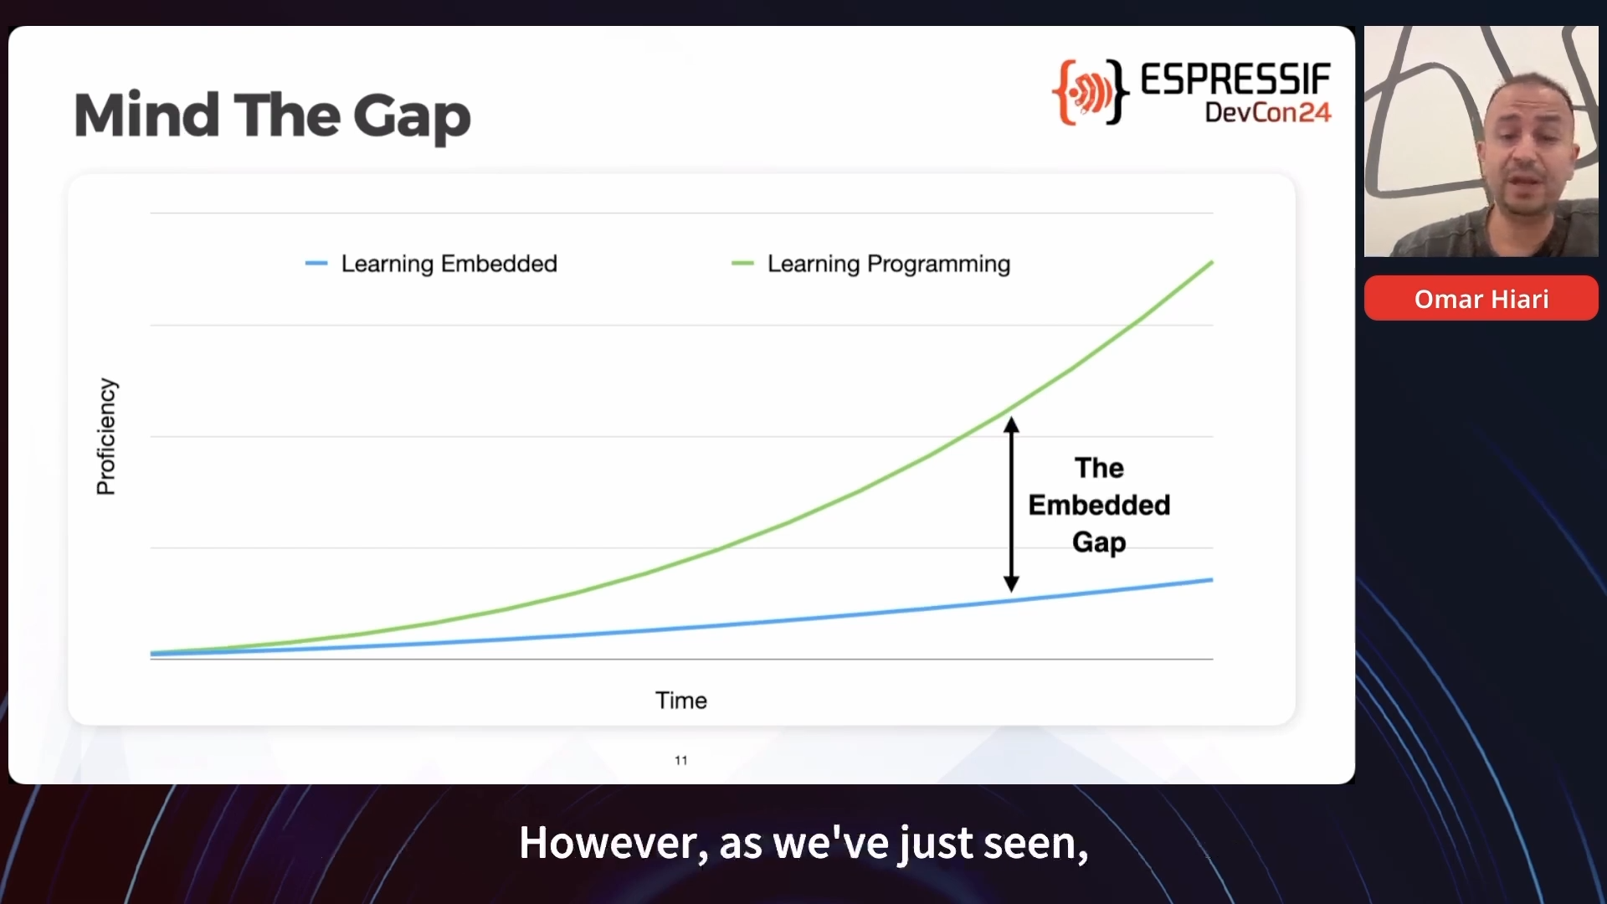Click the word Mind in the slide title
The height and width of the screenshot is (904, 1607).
[147, 115]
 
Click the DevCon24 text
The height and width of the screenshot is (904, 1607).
[1268, 112]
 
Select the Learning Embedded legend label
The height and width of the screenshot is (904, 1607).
[449, 264]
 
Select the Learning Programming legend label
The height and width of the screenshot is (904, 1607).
[889, 265]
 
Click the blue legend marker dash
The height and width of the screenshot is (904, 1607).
[316, 264]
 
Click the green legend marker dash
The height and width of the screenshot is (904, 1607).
[742, 264]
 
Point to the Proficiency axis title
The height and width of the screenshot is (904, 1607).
[106, 436]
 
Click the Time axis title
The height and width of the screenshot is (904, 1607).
[681, 701]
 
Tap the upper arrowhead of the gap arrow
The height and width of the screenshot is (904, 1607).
[1011, 424]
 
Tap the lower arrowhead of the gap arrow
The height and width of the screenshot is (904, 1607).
[1011, 584]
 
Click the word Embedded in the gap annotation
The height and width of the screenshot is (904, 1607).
[1099, 505]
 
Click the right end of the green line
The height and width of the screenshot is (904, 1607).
[1212, 263]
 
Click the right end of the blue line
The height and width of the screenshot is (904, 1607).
[1212, 579]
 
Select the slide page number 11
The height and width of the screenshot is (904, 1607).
[681, 760]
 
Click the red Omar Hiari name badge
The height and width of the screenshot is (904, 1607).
[1481, 298]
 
